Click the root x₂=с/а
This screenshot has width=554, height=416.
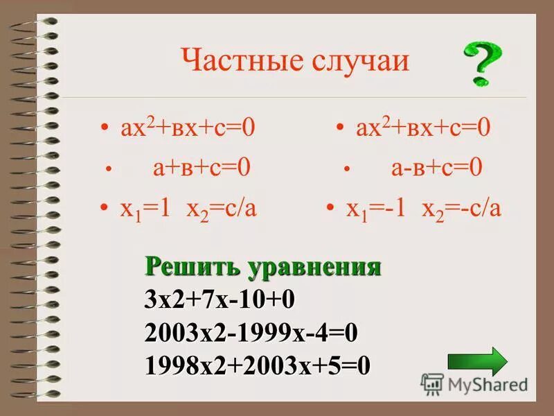point(221,208)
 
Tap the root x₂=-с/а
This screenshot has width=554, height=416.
point(461,208)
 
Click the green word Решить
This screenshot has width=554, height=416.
point(185,267)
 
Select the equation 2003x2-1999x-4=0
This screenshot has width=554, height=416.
point(251,332)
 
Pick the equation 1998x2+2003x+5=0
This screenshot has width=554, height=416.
point(258,365)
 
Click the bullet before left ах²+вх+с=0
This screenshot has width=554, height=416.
point(105,129)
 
